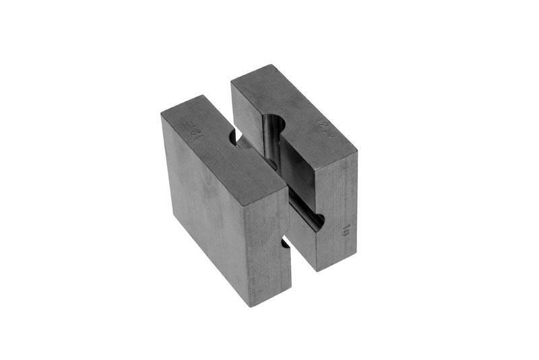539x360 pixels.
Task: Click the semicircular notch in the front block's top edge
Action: point(236,139)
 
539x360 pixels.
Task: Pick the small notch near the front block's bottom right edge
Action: point(286,243)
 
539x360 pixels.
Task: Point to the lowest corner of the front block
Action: point(253,307)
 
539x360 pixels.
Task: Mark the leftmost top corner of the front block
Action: point(161,115)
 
